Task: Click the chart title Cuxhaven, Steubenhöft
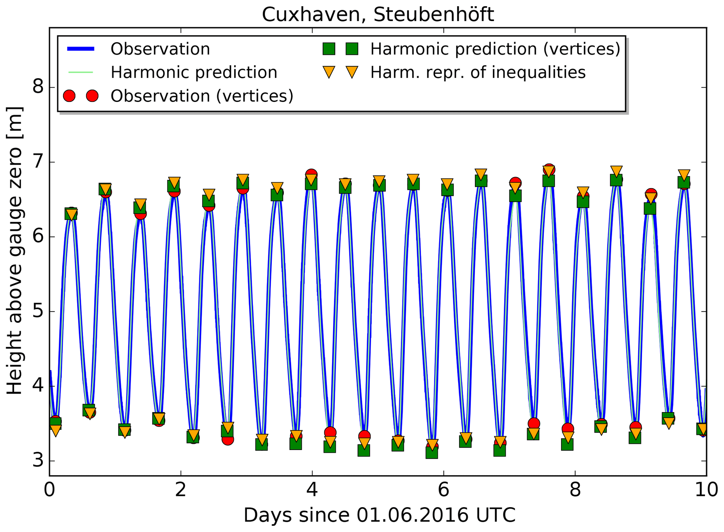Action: click(x=378, y=15)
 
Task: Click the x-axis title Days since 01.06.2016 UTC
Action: click(x=379, y=515)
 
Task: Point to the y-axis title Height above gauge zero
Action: click(x=15, y=250)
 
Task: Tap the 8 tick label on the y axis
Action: click(x=38, y=86)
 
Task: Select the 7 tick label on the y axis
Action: click(x=38, y=161)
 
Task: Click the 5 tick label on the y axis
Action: click(x=38, y=311)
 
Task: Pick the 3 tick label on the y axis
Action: click(x=38, y=460)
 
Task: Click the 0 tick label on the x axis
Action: click(x=49, y=490)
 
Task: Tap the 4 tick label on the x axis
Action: click(x=312, y=490)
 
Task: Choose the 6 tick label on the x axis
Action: click(x=443, y=490)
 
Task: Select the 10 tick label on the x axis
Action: click(x=706, y=490)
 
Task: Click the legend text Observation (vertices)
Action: click(x=202, y=96)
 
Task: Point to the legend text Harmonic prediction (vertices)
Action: click(x=495, y=49)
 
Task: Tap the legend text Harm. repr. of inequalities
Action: click(x=478, y=73)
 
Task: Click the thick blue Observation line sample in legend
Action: click(x=81, y=49)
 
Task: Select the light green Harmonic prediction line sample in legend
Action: click(x=81, y=73)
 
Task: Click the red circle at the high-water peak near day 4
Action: click(x=311, y=174)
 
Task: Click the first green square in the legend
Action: click(x=329, y=49)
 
